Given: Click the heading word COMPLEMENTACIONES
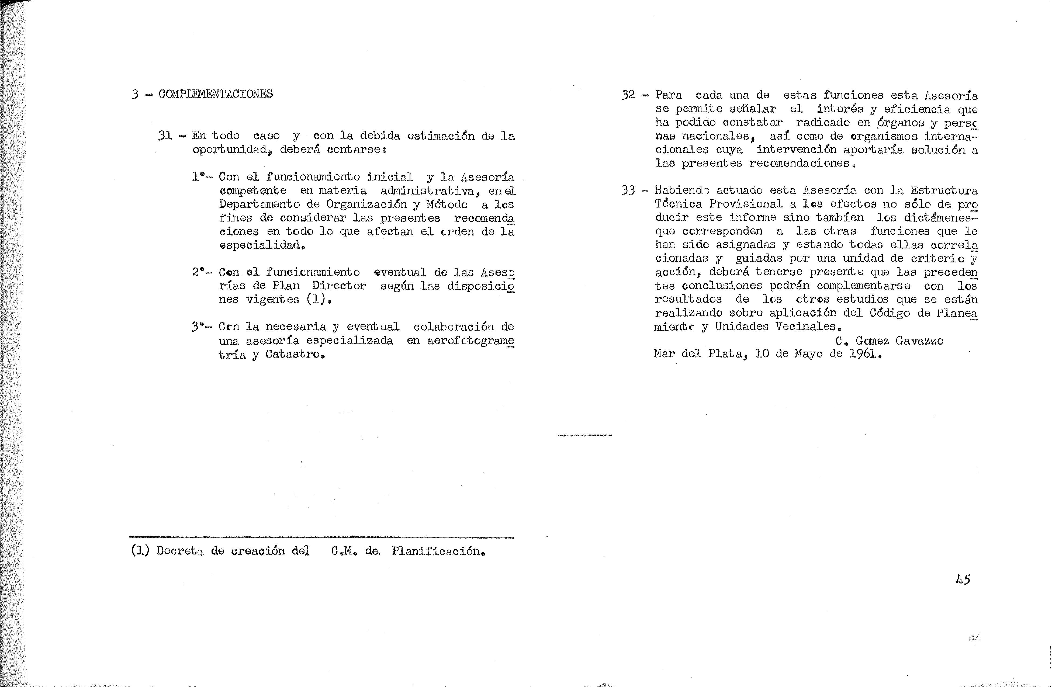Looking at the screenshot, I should pyautogui.click(x=216, y=94).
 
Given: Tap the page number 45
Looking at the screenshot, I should pyautogui.click(x=963, y=579).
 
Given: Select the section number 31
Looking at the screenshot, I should pyautogui.click(x=165, y=136).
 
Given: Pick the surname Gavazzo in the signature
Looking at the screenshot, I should pyautogui.click(x=919, y=341).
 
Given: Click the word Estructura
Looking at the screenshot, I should pyautogui.click(x=944, y=191).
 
